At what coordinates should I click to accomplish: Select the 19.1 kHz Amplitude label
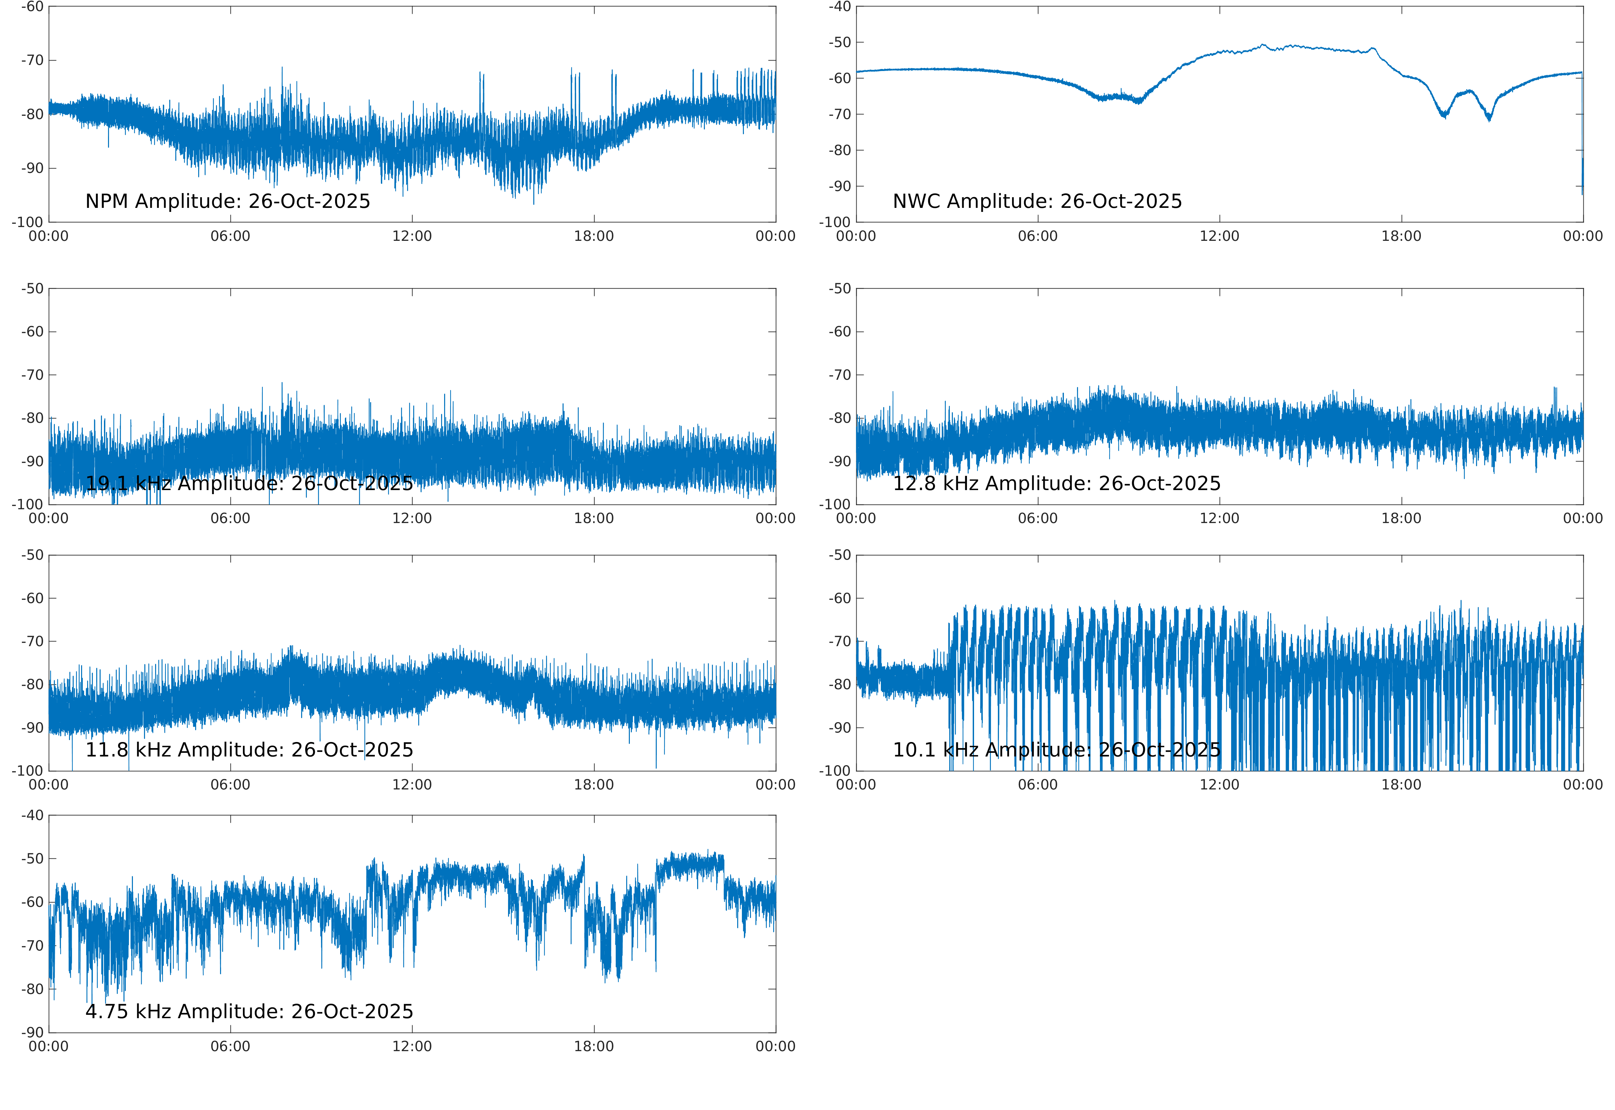249,483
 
